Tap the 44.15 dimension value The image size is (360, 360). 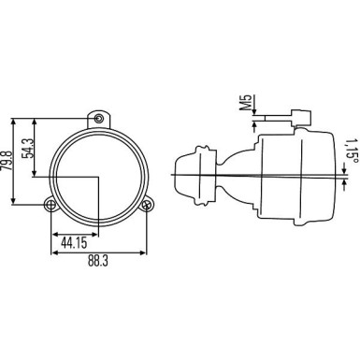[x=74, y=243]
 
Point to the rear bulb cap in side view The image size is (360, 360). [x=199, y=174]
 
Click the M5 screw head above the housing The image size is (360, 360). [x=301, y=117]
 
